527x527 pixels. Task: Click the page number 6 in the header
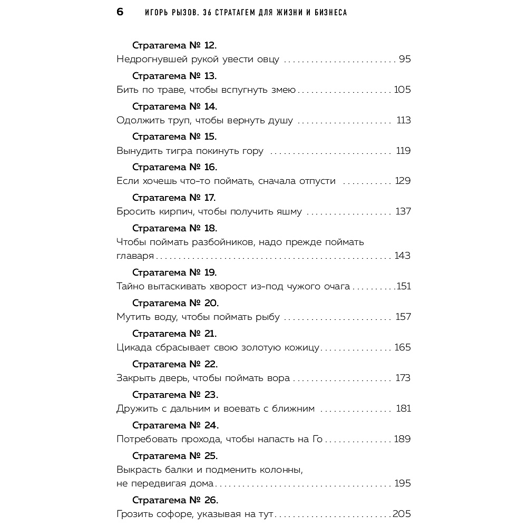pos(120,12)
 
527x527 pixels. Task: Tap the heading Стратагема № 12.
pos(174,45)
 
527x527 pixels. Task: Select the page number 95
pos(404,59)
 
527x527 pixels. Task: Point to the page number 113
pos(403,120)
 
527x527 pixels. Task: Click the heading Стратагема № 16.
pos(174,167)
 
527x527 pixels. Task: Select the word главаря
pos(135,256)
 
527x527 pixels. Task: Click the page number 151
pos(403,287)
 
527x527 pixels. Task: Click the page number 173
pos(403,378)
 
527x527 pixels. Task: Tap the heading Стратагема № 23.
pos(175,395)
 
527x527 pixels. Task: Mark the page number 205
pos(402,514)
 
